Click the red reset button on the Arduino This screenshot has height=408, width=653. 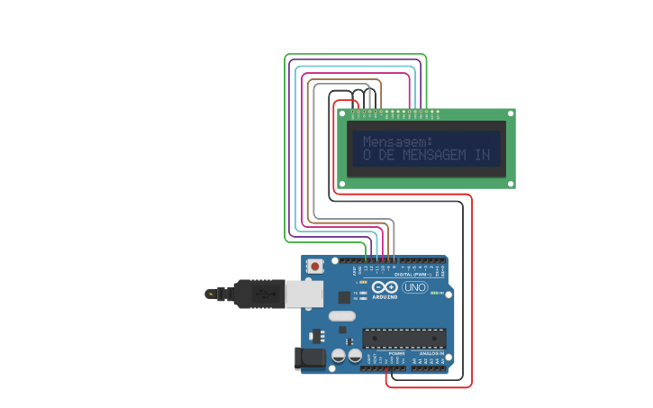point(315,267)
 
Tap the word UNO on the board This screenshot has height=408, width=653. point(414,287)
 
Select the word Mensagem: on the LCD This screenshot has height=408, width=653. point(397,141)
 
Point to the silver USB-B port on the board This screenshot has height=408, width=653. point(304,294)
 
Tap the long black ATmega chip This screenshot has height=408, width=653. point(404,338)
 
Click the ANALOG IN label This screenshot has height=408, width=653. point(429,353)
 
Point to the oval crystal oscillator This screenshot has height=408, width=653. point(342,316)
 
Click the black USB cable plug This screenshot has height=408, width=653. point(258,294)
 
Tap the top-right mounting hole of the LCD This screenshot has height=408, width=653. point(511,113)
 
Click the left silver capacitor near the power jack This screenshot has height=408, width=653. point(338,356)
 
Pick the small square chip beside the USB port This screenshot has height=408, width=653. point(344,296)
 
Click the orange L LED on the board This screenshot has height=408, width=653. point(363,282)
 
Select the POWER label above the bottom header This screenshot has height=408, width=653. point(396,353)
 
